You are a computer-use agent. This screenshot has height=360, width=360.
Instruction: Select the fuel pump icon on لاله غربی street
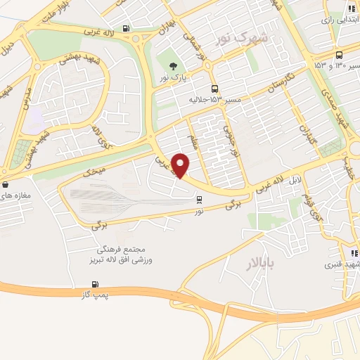point(126,29)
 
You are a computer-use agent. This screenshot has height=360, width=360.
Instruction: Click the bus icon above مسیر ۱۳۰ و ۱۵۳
point(340,55)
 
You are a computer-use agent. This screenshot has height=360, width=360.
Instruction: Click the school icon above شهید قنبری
point(354,253)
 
